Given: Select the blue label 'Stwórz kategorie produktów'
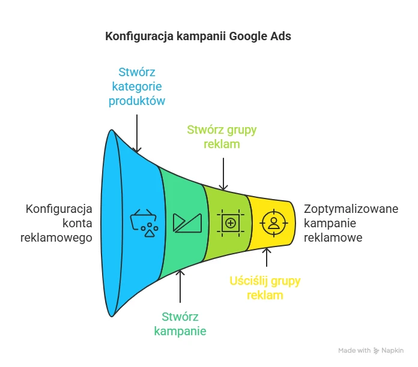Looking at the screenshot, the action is click(x=137, y=86).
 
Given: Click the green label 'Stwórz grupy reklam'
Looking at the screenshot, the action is click(x=222, y=137).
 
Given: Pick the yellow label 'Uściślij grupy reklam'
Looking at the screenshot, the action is click(x=265, y=288).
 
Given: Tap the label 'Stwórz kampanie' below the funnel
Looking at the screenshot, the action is click(x=180, y=324).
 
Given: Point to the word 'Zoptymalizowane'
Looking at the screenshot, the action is click(x=351, y=209).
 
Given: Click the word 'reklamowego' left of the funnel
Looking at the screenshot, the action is click(x=56, y=238).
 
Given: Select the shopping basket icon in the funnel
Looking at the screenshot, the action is click(x=144, y=223).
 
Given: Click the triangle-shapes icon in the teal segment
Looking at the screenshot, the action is click(x=187, y=223).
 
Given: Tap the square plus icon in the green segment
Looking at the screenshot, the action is click(x=231, y=223).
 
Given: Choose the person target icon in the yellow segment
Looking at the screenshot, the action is click(x=274, y=223).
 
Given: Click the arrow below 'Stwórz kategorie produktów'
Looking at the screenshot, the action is click(x=137, y=134).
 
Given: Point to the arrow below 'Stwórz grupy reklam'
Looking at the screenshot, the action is click(x=223, y=174).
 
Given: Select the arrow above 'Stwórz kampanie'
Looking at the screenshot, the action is click(x=180, y=287).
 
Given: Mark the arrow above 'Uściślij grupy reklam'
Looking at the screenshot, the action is click(x=267, y=257).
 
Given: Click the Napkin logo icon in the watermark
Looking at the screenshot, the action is click(x=376, y=351).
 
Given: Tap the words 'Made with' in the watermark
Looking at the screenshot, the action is click(x=354, y=350).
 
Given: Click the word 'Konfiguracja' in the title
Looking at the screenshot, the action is click(x=139, y=37).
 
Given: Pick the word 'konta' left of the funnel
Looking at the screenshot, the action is click(x=77, y=224).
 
